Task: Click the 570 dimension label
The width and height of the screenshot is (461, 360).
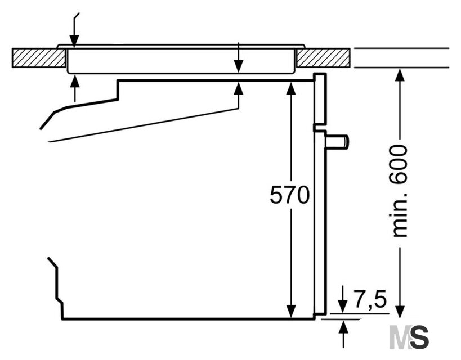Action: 289,195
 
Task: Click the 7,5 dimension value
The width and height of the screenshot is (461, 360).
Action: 370,299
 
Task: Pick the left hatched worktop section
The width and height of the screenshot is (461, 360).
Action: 38,57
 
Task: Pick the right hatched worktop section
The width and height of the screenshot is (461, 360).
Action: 323,57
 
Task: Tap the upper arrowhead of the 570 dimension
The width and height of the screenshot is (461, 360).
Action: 291,88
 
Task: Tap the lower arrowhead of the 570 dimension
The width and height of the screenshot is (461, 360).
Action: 291,312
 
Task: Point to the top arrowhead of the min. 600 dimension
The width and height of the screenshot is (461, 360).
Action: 400,75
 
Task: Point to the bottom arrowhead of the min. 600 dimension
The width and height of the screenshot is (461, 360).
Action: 400,312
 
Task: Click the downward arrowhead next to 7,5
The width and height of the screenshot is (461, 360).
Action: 343,307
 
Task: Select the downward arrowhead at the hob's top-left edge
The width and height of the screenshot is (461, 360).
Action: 74,41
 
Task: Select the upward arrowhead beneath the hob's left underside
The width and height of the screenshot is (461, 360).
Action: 75,82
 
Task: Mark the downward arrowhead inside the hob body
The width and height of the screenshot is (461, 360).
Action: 239,66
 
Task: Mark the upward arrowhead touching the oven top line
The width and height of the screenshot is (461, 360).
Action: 239,88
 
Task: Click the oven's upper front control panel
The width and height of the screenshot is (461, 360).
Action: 320,99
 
